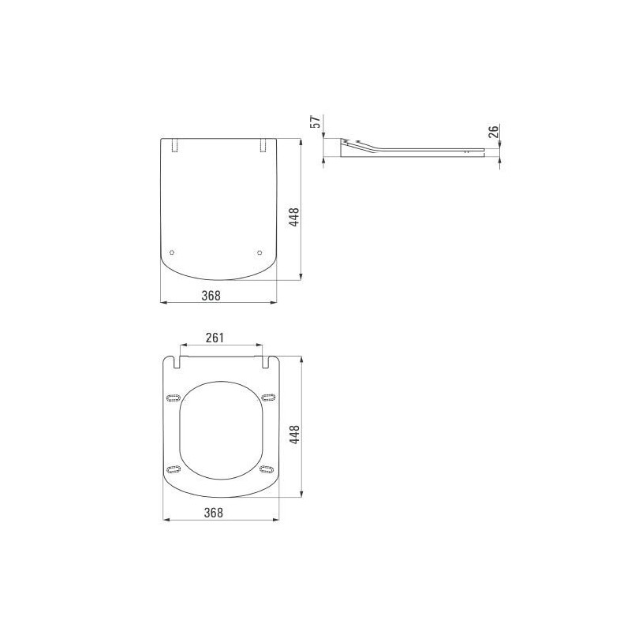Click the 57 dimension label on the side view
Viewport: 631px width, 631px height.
pyautogui.click(x=314, y=121)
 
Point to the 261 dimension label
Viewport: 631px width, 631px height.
pyautogui.click(x=215, y=338)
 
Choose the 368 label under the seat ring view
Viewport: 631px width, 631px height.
pyautogui.click(x=213, y=513)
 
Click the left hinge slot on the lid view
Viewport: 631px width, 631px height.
pyautogui.click(x=174, y=145)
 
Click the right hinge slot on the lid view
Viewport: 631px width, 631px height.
pyautogui.click(x=263, y=145)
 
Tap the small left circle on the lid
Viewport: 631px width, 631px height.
pyautogui.click(x=174, y=252)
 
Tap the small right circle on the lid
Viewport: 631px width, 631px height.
pyautogui.click(x=259, y=252)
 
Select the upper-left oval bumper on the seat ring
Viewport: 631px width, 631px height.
pyautogui.click(x=173, y=397)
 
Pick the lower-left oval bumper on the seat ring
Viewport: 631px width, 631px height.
pyautogui.click(x=174, y=471)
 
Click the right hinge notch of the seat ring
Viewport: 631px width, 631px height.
pyautogui.click(x=263, y=361)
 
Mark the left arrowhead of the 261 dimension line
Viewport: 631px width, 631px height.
pyautogui.click(x=182, y=345)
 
